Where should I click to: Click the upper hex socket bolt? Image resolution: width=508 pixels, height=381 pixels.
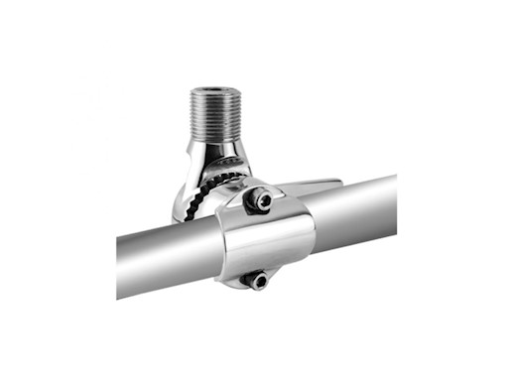click(260, 201)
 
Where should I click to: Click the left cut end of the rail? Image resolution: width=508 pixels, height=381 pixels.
click(119, 268)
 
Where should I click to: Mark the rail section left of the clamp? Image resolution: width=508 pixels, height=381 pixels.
click(169, 254)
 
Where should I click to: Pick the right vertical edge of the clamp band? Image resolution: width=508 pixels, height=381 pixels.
click(312, 230)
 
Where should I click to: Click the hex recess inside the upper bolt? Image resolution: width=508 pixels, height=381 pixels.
click(260, 201)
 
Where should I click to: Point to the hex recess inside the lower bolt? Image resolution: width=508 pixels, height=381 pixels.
click(258, 280)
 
